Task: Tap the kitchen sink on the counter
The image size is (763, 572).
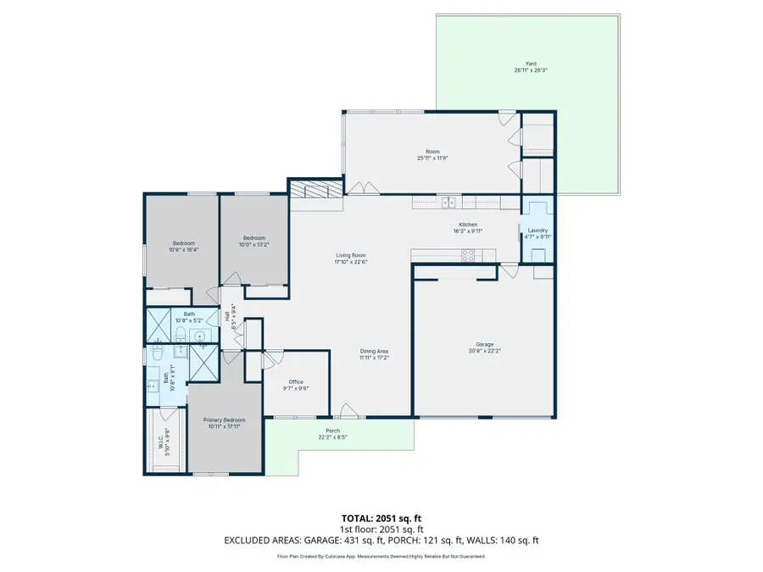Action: tap(448, 202)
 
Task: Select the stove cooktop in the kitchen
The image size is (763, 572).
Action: tap(468, 254)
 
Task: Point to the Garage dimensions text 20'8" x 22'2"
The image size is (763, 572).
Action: tap(484, 351)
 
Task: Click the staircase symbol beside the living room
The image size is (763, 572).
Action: tap(315, 190)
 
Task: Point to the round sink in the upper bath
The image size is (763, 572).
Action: tap(200, 336)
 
